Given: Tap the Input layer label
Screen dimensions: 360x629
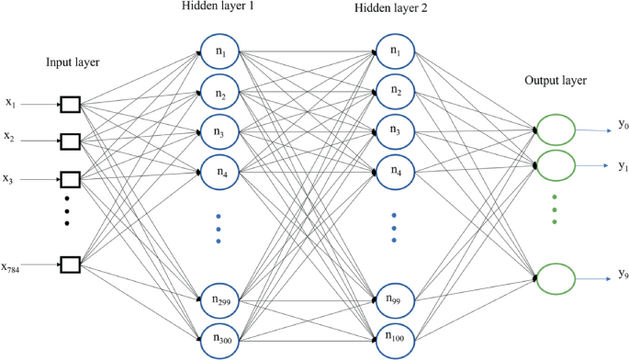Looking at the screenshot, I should [x=72, y=62].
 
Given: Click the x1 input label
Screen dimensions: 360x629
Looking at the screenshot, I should [x=10, y=103].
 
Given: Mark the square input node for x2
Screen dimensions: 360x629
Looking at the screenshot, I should [x=71, y=141].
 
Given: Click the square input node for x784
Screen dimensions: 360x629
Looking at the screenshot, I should [x=71, y=266].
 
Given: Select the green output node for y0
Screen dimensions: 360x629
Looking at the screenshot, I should [x=556, y=130].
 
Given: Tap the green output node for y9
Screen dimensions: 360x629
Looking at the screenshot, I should [x=556, y=278].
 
